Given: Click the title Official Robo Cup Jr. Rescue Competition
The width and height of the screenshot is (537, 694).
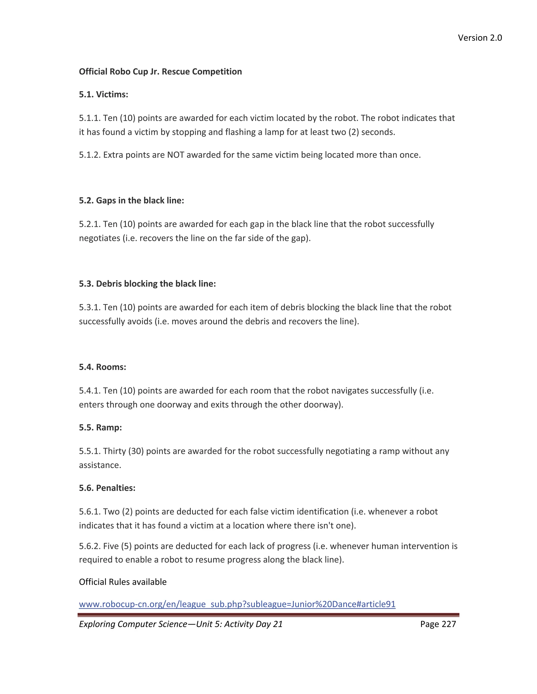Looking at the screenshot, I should click(x=160, y=71).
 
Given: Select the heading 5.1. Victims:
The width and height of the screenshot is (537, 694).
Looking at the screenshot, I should click(x=103, y=94).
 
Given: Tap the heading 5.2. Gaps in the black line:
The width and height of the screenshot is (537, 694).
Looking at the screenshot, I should click(x=131, y=201).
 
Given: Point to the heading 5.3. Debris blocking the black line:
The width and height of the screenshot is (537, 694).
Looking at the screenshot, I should click(x=147, y=284).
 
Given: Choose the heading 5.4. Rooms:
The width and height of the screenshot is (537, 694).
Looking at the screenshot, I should click(x=103, y=367).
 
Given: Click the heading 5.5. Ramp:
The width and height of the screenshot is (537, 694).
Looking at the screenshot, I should click(x=100, y=427).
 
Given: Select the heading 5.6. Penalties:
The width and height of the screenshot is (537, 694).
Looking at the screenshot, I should click(x=107, y=488).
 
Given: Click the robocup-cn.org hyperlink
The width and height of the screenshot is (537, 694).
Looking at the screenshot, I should click(x=237, y=604).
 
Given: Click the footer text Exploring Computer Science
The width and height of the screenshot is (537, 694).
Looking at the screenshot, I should click(x=133, y=624).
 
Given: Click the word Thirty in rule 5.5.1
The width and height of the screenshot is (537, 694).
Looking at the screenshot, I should click(x=115, y=451).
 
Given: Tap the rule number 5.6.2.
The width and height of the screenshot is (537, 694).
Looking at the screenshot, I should click(x=90, y=546).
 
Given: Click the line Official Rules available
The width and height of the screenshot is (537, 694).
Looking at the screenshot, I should click(x=122, y=582).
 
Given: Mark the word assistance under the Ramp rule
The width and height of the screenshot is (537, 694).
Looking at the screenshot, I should click(x=100, y=465).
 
